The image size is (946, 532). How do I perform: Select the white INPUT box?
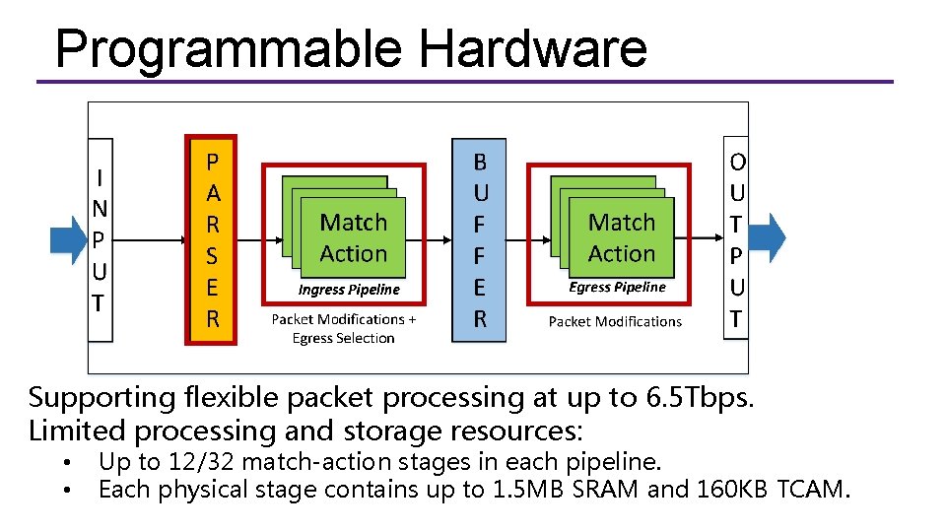tap(100, 239)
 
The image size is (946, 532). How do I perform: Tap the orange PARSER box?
tap(212, 239)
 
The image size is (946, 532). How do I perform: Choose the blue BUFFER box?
tap(479, 239)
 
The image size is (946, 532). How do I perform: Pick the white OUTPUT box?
tap(736, 239)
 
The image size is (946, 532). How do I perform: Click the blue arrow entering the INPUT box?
tap(68, 239)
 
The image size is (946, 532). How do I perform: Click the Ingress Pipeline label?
tap(349, 290)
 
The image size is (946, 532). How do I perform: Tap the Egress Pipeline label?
tap(617, 288)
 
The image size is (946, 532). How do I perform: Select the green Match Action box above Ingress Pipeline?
tap(353, 237)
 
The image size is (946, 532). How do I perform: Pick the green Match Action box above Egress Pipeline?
tap(621, 237)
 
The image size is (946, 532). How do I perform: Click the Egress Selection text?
tap(343, 338)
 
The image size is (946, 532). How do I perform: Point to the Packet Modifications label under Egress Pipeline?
tap(615, 321)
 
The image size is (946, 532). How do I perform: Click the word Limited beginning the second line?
tap(78, 431)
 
